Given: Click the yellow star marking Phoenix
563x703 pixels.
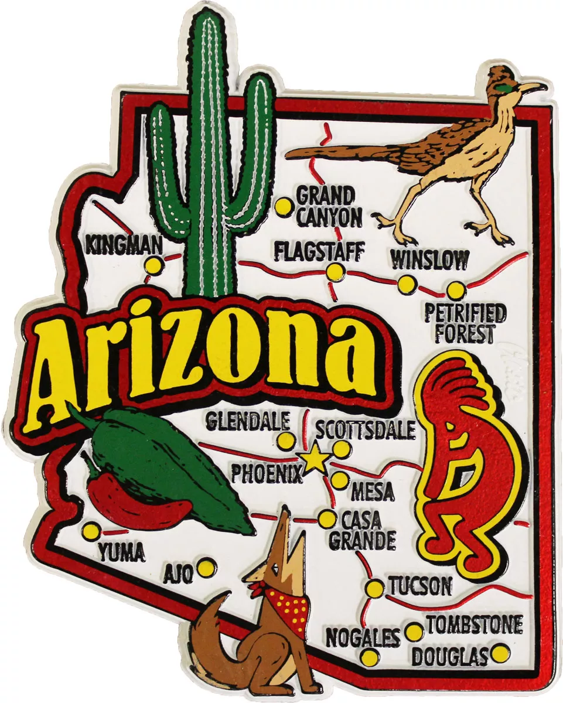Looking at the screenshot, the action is point(315,459).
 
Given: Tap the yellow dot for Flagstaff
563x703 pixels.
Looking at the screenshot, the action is point(336,272).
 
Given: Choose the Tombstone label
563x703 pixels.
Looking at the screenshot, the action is point(474,625).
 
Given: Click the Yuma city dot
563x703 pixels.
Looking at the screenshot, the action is point(91,532).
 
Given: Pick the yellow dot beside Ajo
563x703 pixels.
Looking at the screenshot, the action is point(206,567).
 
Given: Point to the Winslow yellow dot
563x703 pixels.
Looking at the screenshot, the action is point(407,285).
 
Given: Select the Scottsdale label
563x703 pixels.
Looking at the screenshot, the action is point(366,429).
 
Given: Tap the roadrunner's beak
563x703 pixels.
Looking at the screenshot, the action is point(533,88).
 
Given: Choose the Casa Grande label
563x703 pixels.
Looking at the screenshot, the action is point(361,530).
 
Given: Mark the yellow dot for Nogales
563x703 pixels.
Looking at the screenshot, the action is point(370,657).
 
